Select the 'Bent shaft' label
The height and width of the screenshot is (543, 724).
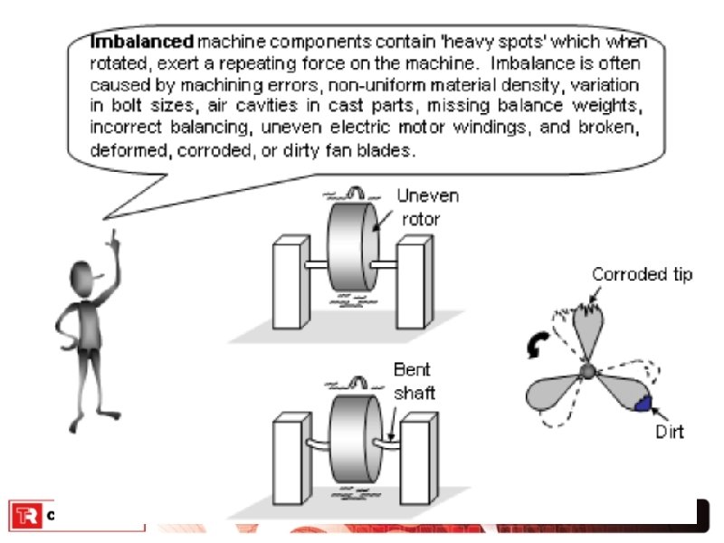tap(414, 381)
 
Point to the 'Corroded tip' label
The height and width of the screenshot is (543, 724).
tap(642, 274)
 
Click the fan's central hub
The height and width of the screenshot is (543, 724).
tap(587, 371)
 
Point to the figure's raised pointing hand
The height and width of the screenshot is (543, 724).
tap(115, 240)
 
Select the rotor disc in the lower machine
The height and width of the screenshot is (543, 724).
tap(349, 436)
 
